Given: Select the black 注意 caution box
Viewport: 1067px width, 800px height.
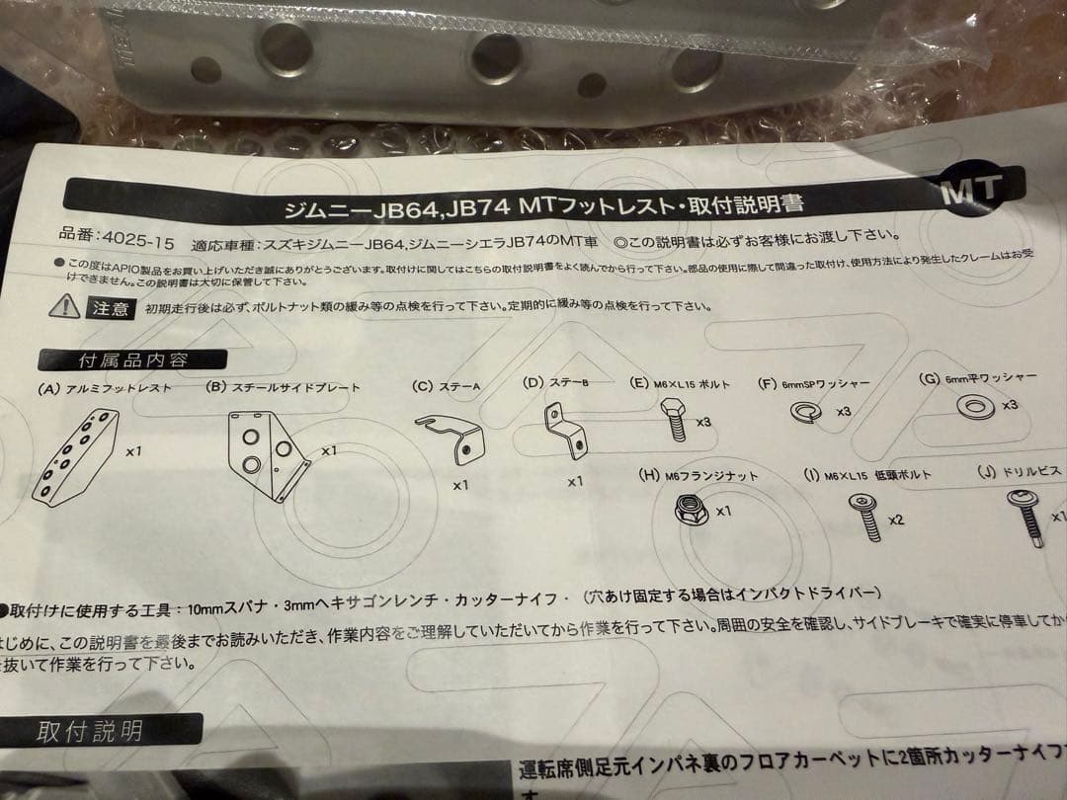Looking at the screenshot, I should tap(110, 309).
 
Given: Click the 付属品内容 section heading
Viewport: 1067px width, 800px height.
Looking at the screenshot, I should tap(132, 360).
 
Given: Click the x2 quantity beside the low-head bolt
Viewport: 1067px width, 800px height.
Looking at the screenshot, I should tap(896, 520).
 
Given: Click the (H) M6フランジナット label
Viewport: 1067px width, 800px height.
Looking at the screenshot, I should tap(698, 476).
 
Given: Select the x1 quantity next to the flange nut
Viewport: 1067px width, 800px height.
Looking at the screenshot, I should tap(722, 511).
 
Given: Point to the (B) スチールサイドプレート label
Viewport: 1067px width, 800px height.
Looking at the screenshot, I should tap(283, 388).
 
